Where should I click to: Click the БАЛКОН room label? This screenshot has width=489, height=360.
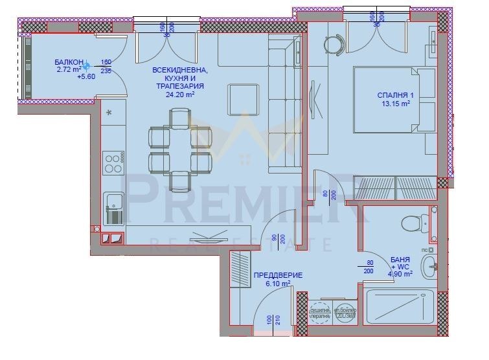pos(68,62)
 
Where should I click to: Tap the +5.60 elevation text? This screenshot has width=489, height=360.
pos(85,76)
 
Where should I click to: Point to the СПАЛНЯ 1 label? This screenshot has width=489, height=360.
pos(395,95)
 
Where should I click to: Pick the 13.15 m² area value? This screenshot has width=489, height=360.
pos(394,104)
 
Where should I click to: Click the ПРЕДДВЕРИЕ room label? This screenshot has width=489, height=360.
pos(277,275)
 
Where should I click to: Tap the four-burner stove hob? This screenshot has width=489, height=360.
pos(113,163)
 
